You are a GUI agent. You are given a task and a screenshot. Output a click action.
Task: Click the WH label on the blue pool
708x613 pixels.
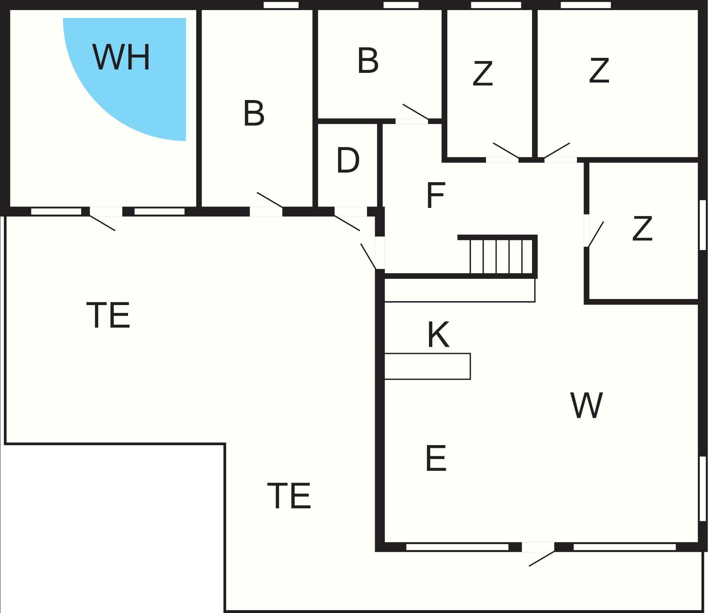click(121, 57)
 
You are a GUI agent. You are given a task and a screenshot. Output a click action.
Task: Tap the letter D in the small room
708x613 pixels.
click(348, 160)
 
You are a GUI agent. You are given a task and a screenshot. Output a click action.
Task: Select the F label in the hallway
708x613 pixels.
click(436, 195)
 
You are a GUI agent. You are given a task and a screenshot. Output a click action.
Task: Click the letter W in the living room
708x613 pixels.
click(586, 405)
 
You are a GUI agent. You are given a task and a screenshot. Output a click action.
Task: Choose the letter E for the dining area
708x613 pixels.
click(436, 458)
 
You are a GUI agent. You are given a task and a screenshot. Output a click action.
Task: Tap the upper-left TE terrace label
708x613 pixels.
click(108, 315)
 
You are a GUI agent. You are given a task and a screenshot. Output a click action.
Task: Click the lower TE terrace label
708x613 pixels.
click(289, 495)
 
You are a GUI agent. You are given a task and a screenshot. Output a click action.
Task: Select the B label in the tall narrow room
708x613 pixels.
click(254, 113)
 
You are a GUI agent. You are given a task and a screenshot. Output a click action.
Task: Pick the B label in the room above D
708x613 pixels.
click(368, 61)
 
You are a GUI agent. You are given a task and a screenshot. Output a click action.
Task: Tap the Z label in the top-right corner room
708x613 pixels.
click(599, 71)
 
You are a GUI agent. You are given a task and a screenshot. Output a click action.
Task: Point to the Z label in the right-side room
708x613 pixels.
click(642, 229)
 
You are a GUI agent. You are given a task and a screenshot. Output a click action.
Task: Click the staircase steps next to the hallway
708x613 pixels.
click(501, 256)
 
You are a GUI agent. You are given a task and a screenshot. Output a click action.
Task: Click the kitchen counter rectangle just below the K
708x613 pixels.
click(427, 366)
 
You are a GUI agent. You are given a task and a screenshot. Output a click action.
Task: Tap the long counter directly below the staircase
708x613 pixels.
click(459, 290)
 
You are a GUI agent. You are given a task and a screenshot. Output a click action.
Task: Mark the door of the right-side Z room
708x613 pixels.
click(595, 234)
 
